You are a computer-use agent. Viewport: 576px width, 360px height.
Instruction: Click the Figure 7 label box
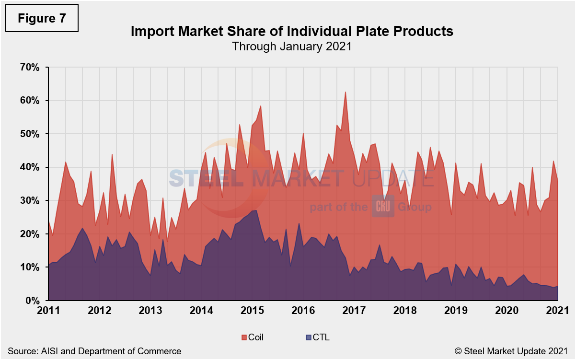(41, 18)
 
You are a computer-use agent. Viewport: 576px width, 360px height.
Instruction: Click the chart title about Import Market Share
(292, 32)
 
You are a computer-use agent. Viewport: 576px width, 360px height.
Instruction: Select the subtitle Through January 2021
(292, 46)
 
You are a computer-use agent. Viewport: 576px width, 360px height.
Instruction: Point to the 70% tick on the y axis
(29, 67)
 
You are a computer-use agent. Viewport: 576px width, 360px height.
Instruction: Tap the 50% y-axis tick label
(29, 134)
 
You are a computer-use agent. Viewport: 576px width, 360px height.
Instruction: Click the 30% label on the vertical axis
(29, 200)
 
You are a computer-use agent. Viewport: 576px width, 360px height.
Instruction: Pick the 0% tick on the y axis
(33, 301)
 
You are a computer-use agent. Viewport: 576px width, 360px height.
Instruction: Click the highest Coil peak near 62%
(345, 92)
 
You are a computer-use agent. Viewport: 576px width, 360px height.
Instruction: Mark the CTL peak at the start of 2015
(255, 210)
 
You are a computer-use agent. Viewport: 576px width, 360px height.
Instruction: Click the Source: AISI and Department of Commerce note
(94, 351)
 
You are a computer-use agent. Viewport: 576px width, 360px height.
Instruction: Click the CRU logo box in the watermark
(382, 207)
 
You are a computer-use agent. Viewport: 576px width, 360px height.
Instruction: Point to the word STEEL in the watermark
(206, 179)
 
